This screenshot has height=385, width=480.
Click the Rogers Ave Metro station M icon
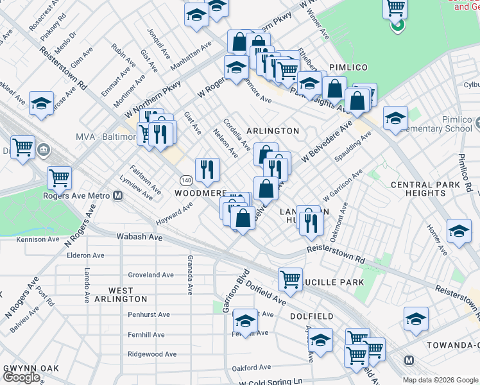pyautogui.click(x=117, y=196)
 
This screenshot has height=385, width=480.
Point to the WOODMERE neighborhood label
pyautogui.click(x=201, y=193)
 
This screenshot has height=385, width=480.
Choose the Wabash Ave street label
pyautogui.click(x=139, y=237)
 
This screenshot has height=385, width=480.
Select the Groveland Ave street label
pyautogui.click(x=151, y=275)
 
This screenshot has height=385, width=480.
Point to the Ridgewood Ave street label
pyautogui.click(x=152, y=354)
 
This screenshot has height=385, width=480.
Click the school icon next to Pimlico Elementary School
pyautogui.click(x=395, y=117)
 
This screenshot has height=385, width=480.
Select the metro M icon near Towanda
pyautogui.click(x=409, y=360)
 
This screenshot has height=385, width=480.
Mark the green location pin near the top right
pyautogui.click(x=398, y=26)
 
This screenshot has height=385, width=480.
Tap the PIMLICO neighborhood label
pyautogui.click(x=348, y=67)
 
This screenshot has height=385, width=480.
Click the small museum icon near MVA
pyautogui.click(x=44, y=150)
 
